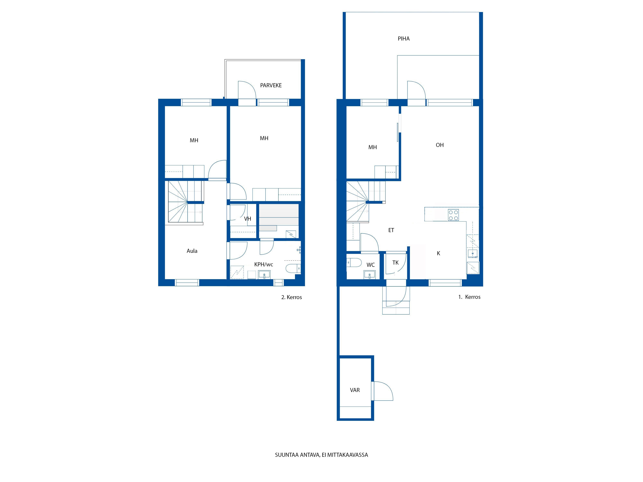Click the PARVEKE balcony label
click(x=271, y=86)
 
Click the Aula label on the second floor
click(x=192, y=251)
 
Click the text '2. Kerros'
click(x=292, y=297)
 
